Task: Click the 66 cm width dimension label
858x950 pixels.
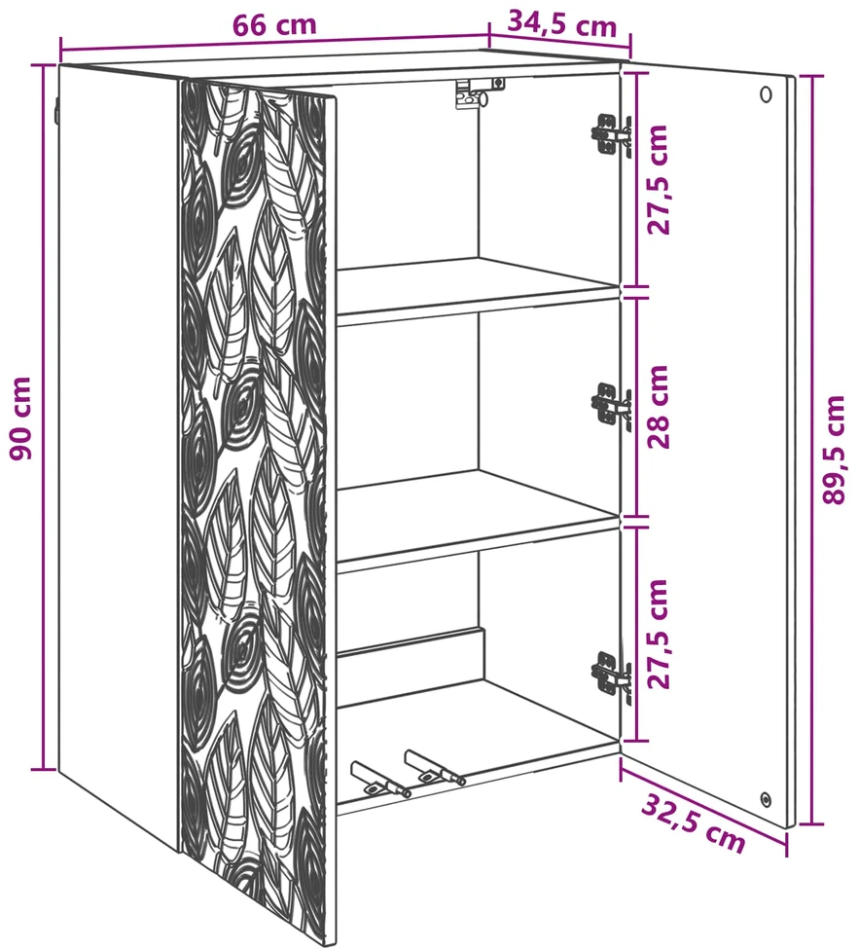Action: (x=275, y=25)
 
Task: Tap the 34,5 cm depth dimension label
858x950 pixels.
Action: (x=561, y=24)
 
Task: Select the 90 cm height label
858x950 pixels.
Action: (x=21, y=418)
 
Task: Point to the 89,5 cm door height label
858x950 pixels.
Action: (x=834, y=450)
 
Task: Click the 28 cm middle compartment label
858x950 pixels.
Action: (x=659, y=407)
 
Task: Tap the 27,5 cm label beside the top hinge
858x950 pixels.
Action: (x=659, y=179)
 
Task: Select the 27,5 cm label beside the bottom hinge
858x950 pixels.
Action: (x=659, y=634)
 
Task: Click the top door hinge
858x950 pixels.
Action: (x=611, y=135)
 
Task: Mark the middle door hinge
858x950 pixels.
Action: (x=611, y=404)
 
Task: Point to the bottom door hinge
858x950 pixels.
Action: (x=611, y=674)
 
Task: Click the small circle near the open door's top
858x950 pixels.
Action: (x=766, y=93)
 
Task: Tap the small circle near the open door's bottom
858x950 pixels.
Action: (x=766, y=798)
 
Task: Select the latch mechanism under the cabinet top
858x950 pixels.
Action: (x=479, y=92)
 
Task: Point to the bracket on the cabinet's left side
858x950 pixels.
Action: (x=56, y=112)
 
